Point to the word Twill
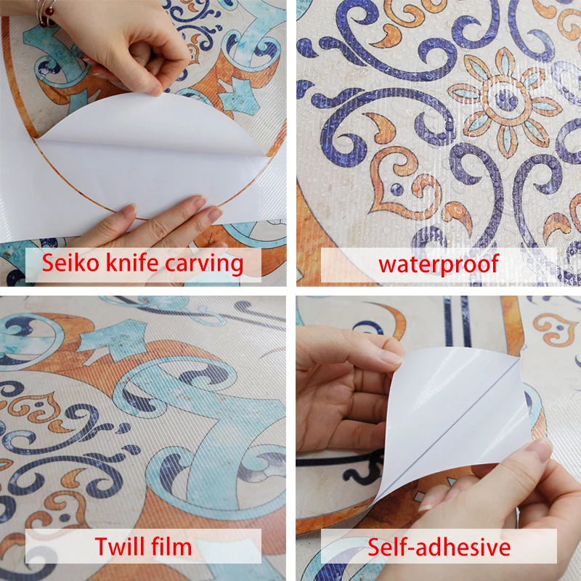coord(119,546)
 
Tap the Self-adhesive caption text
coord(439,547)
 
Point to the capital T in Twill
coord(102,546)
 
